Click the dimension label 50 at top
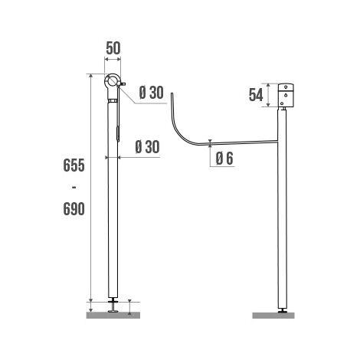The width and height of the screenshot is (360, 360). (113, 48)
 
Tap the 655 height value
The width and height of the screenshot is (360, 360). (74, 165)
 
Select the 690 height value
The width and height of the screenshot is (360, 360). (74, 209)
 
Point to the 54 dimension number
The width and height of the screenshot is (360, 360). (256, 95)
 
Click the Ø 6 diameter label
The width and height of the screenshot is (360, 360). (224, 159)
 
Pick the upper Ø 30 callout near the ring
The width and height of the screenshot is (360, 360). (151, 93)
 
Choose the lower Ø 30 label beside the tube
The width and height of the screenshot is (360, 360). (147, 147)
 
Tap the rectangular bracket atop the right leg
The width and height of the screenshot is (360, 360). (286, 95)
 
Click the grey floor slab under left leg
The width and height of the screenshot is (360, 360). (113, 315)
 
